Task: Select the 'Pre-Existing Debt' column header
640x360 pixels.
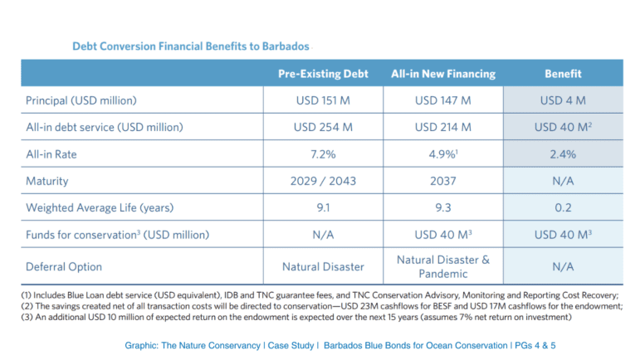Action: tap(324, 73)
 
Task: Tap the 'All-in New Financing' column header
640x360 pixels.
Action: tap(442, 73)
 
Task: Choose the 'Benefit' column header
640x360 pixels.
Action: tap(562, 73)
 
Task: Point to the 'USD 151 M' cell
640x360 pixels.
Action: tap(324, 100)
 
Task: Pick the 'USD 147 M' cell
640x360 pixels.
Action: tap(442, 100)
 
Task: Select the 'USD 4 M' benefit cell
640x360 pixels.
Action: tap(562, 100)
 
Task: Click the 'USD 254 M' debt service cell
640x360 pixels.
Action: tap(324, 127)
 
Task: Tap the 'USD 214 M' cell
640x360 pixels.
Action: tap(442, 127)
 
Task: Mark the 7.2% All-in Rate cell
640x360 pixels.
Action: tap(324, 154)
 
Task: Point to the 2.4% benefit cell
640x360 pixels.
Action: tap(562, 154)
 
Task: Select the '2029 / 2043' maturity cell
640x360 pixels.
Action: tap(324, 180)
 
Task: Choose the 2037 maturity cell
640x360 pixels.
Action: tap(442, 180)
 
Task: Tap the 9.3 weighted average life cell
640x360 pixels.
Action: tap(442, 207)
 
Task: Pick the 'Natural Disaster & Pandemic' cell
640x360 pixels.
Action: tap(442, 266)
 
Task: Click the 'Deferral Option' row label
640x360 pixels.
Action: tap(65, 266)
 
